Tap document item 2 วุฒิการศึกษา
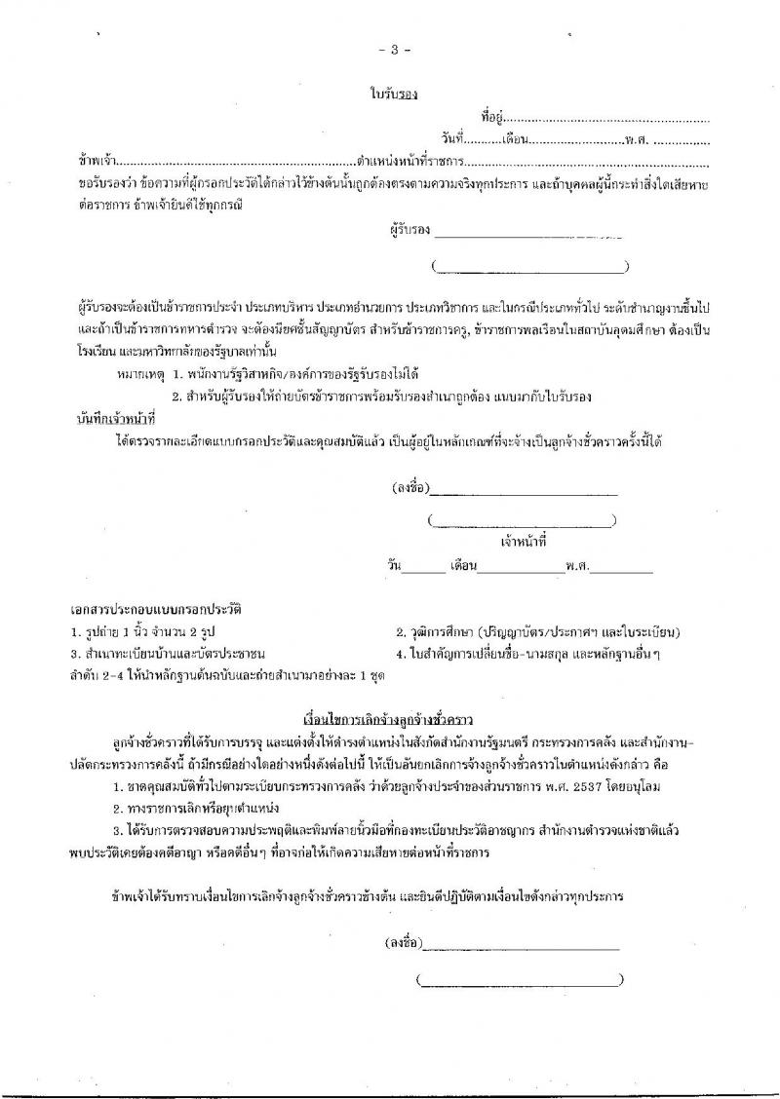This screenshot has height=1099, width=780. point(538,631)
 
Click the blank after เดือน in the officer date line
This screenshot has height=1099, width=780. point(521,566)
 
